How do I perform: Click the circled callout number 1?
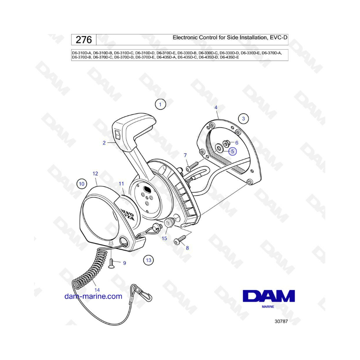click(x=160, y=104)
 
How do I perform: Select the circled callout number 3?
click(x=243, y=119)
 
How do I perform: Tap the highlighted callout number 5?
click(x=232, y=151)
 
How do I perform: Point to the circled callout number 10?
click(x=82, y=184)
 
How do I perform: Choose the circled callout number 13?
click(x=148, y=260)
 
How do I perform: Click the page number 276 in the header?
click(x=84, y=40)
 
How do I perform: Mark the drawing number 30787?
click(x=281, y=322)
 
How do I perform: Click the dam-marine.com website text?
click(x=93, y=296)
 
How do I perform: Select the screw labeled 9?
click(x=111, y=263)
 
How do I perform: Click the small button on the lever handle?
click(x=118, y=135)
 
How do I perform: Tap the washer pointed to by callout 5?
click(x=219, y=148)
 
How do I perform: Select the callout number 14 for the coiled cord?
click(x=97, y=290)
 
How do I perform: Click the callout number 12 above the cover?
click(x=95, y=174)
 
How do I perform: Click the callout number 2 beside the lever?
click(x=104, y=143)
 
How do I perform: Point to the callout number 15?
click(x=164, y=238)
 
